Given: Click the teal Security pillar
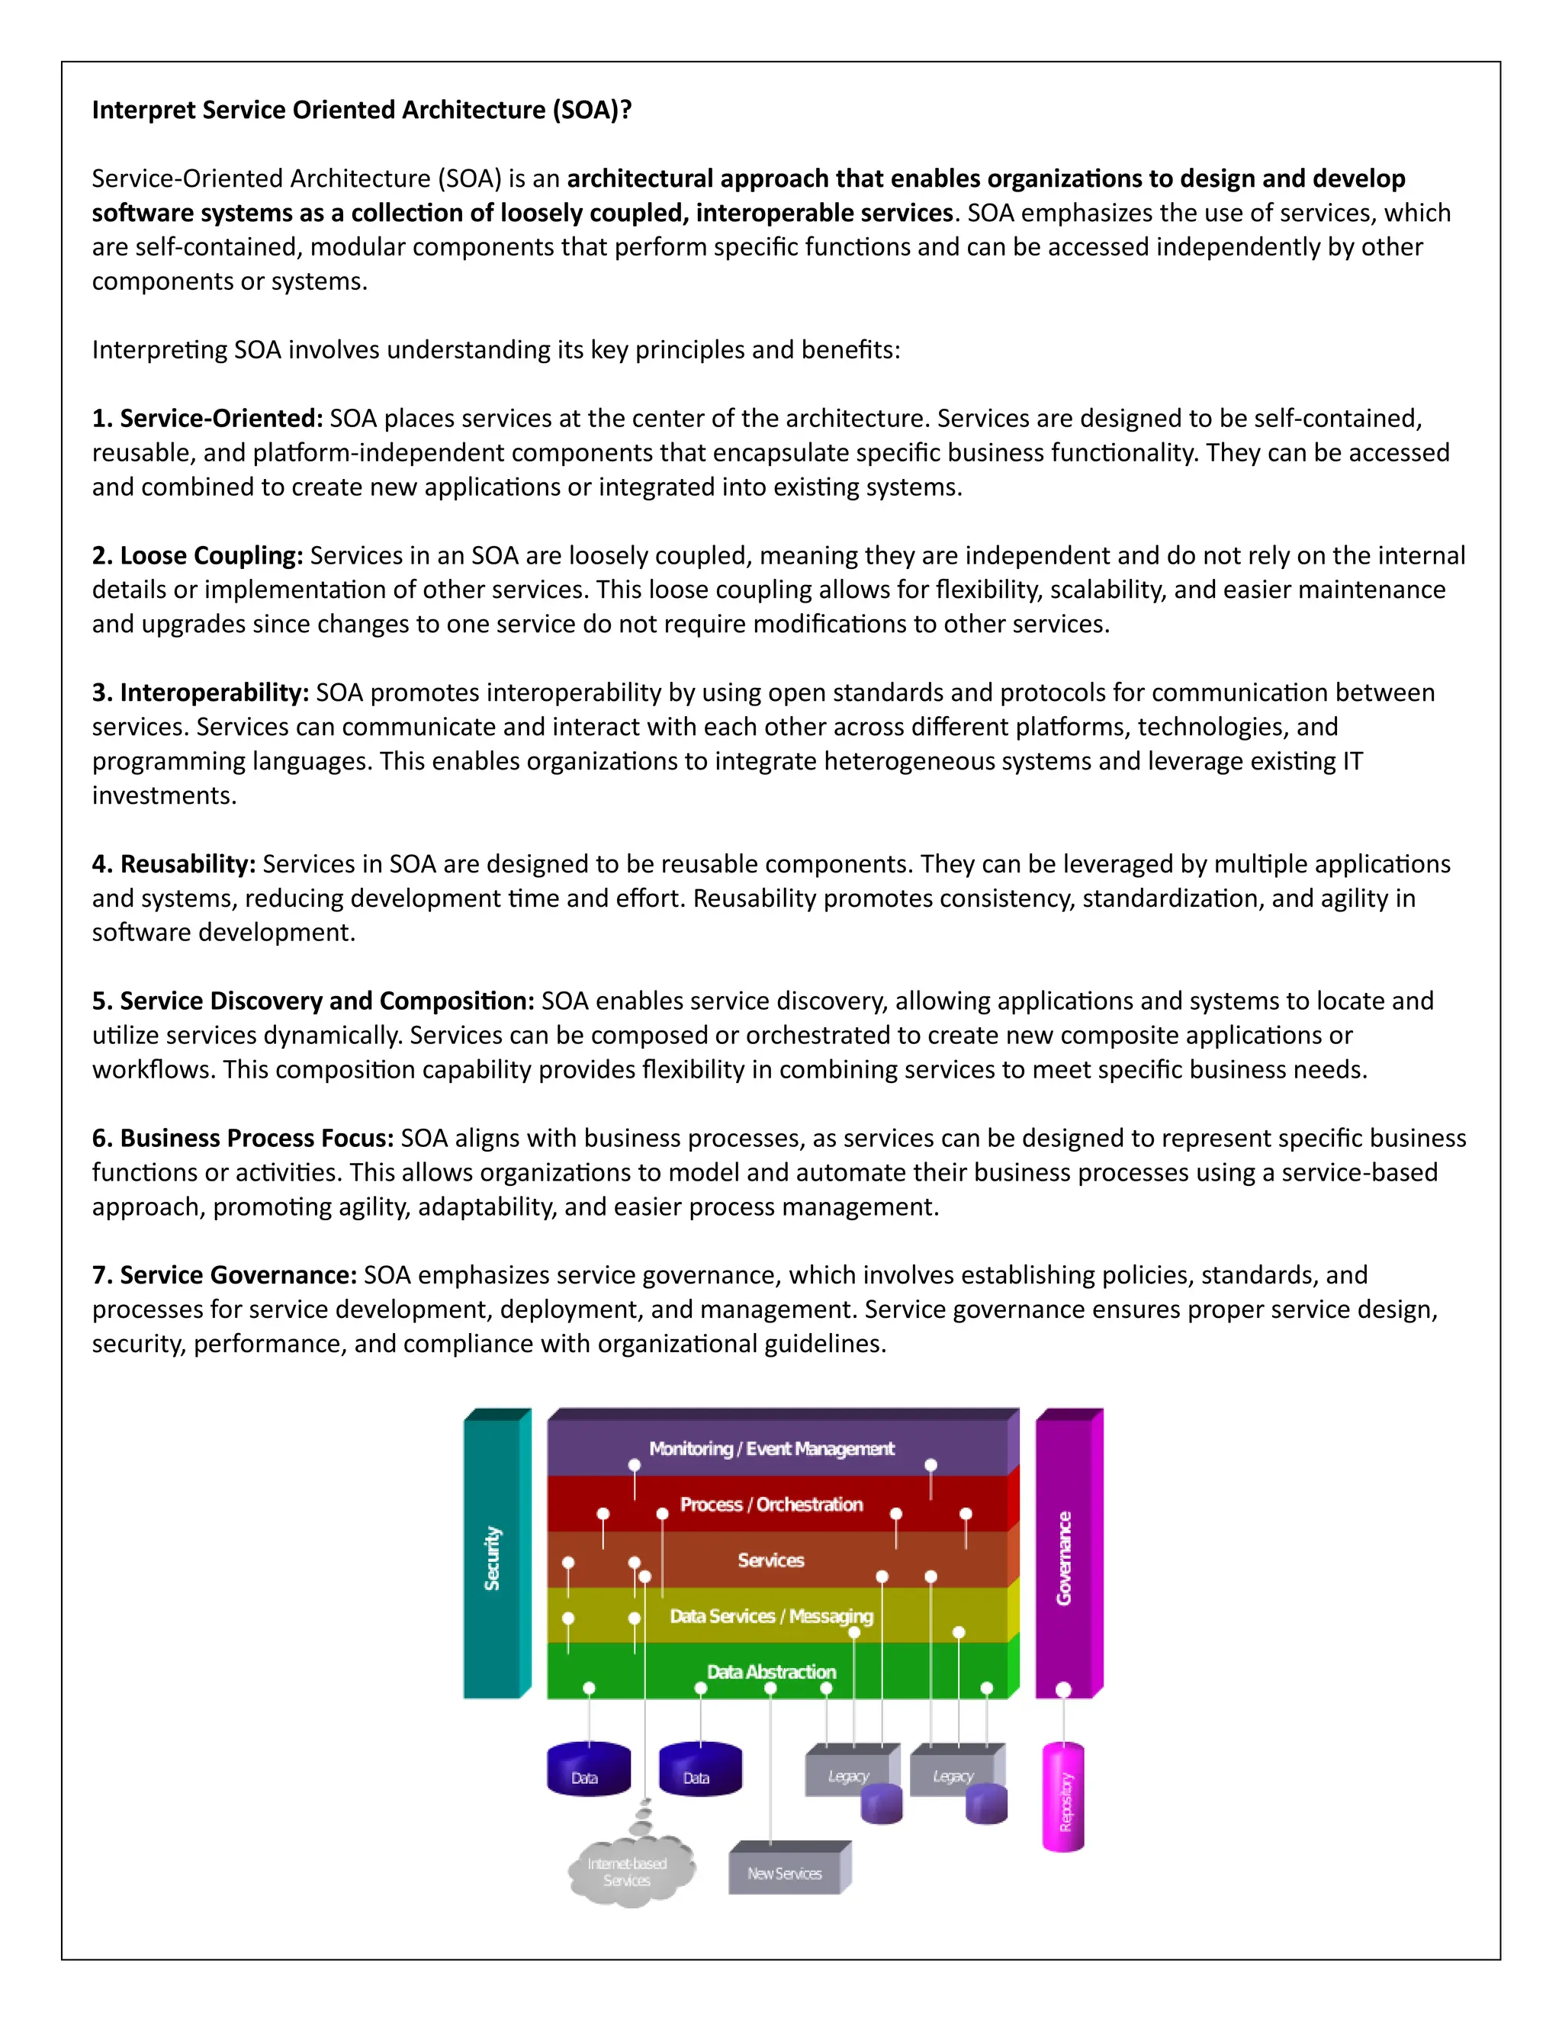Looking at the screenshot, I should coord(493,1558).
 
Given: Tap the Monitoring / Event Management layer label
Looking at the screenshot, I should coord(771,1448).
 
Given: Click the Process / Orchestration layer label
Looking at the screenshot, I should coord(771,1505).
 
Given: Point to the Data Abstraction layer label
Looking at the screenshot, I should coord(771,1671).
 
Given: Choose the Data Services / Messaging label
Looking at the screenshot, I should coord(771,1616).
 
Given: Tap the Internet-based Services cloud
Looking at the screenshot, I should coord(628,1871).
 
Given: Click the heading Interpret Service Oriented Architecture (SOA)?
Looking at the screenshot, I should coord(362,110).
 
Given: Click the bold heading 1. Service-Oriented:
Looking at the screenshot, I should coord(207,418).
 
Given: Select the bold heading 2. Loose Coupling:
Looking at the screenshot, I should coord(197,555).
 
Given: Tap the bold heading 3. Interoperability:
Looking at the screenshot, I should coord(200,692).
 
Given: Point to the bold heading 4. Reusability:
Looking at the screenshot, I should coord(174,863).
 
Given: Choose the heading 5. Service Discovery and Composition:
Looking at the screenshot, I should coord(313,1001).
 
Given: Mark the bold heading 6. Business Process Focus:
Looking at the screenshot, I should coord(243,1137).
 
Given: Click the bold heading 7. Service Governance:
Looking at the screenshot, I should coord(224,1274).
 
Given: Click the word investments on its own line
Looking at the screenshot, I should coord(164,795).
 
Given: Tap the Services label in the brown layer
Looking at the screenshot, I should coord(771,1560).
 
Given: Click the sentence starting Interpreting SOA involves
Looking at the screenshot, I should coord(495,350).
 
